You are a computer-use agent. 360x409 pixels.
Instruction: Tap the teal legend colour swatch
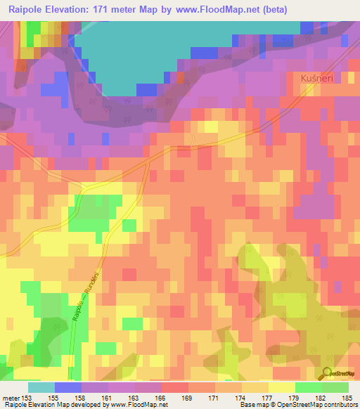tap(41, 387)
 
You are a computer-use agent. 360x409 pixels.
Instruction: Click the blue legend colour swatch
tap(68, 387)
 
